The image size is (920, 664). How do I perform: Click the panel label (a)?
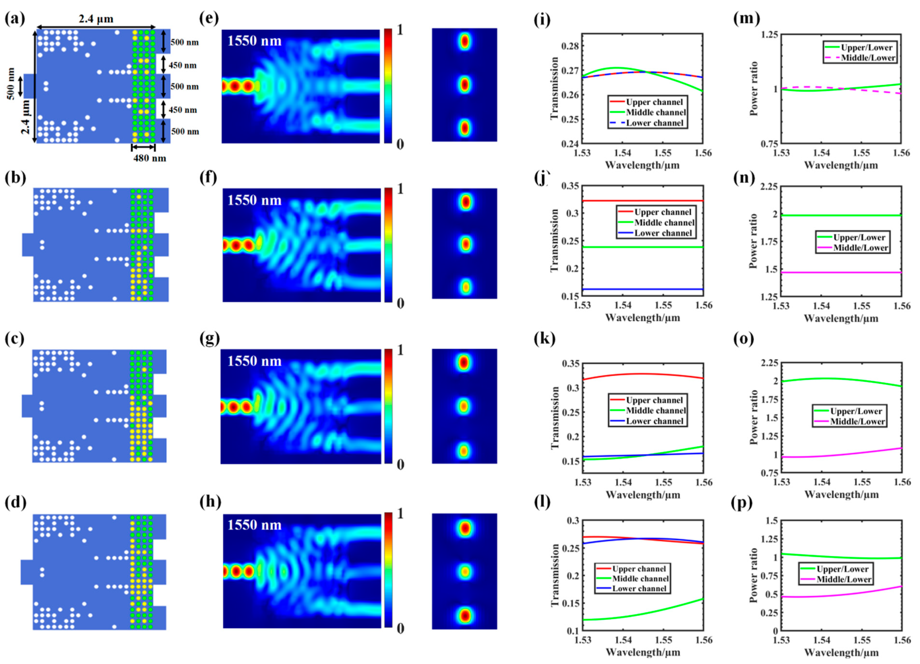tap(15, 19)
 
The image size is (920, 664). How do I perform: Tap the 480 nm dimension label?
tap(150, 158)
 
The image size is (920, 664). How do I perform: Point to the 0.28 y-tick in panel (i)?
tap(570, 46)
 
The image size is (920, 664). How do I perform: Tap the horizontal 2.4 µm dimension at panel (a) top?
tap(96, 19)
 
